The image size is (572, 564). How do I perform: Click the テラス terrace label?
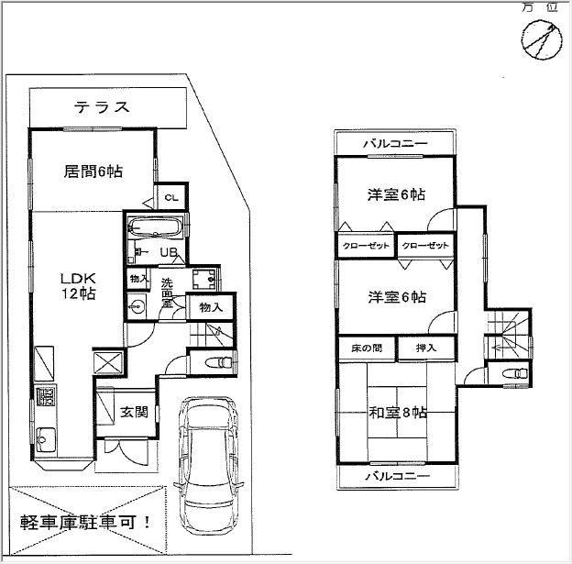pos(102,107)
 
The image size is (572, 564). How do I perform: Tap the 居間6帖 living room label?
pos(93,171)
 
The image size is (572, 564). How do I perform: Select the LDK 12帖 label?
pos(78,286)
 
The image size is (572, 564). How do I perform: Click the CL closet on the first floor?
pos(171,197)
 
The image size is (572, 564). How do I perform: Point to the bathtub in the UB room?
pos(156,227)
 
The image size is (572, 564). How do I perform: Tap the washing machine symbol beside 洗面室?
pos(204,280)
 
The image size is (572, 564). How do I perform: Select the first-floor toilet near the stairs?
pos(218,362)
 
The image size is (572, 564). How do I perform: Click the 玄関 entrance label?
pos(134,412)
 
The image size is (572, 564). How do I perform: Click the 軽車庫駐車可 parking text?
pos(85,523)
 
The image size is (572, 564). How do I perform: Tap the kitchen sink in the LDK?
pos(46,437)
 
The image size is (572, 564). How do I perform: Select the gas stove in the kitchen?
pos(46,396)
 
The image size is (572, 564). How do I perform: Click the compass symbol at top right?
pos(542,39)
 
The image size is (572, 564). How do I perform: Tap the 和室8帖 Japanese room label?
pos(398,413)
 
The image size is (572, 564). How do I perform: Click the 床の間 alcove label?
pos(367,348)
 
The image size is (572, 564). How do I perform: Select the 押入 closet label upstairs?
pos(426,348)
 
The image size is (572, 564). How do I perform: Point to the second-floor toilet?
pos(515,373)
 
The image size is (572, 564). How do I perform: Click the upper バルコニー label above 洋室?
pos(395,143)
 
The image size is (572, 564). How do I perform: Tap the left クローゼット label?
pos(366,246)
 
